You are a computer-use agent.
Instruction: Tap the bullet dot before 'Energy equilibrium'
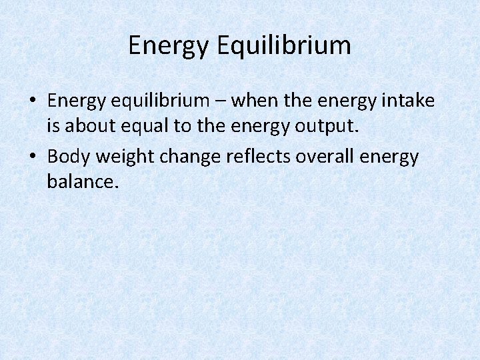click(x=33, y=102)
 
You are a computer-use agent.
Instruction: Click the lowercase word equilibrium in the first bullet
click(x=167, y=101)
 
